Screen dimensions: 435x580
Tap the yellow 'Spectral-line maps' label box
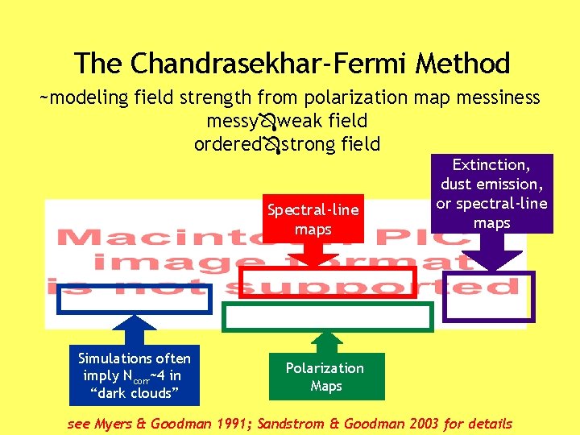coord(313,220)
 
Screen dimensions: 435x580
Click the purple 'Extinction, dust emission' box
coord(491,193)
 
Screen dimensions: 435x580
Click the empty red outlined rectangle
coord(329,284)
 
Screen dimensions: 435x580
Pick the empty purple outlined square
coord(488,296)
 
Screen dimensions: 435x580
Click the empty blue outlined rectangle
coord(134,299)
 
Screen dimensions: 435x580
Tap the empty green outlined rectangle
coord(328,317)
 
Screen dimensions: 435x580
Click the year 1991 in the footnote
coord(233,424)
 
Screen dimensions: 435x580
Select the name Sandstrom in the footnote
coord(297,424)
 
